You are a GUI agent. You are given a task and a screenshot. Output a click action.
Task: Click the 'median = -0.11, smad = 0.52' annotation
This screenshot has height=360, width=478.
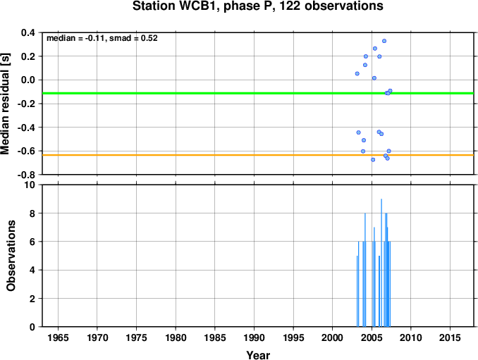[102, 38]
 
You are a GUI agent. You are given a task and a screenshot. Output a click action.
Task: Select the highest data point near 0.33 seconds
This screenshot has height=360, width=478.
[384, 41]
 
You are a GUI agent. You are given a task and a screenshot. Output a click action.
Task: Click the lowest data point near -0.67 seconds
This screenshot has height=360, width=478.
[373, 160]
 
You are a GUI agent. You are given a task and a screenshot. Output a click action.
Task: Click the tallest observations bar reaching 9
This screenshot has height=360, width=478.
[381, 263]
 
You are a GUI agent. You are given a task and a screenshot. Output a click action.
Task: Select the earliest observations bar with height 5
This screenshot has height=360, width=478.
[357, 291]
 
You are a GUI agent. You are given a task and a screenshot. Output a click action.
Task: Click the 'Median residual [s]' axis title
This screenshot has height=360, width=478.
[5, 104]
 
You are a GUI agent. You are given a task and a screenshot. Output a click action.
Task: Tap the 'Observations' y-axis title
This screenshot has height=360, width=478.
[11, 256]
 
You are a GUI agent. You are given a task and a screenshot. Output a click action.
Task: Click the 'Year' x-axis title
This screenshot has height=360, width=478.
[258, 355]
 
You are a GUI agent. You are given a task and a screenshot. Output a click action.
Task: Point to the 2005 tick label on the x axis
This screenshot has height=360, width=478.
[372, 337]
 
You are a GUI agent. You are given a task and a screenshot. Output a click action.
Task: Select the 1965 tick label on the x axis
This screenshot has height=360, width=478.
[58, 337]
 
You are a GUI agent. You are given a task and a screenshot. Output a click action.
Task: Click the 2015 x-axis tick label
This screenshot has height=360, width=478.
[450, 337]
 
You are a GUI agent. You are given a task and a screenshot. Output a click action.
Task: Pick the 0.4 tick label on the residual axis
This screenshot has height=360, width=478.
[28, 32]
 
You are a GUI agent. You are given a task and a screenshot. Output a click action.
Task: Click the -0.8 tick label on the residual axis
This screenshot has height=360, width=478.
[26, 175]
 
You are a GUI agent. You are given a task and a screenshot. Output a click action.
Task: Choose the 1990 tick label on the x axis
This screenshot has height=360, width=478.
[254, 337]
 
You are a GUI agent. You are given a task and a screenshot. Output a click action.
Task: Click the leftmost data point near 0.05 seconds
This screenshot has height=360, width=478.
[357, 73]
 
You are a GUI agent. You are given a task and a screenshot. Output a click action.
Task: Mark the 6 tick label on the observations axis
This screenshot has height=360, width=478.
[32, 242]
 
